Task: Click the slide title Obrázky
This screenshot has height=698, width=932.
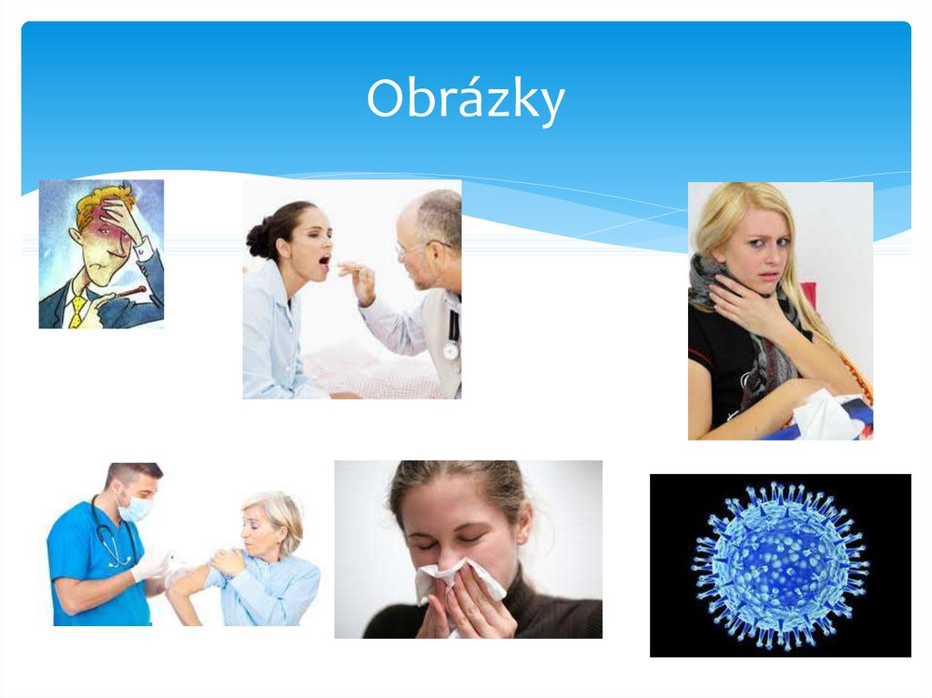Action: [x=465, y=100]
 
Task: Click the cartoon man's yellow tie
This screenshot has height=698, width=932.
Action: [x=79, y=309]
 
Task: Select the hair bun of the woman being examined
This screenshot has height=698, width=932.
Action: [x=258, y=238]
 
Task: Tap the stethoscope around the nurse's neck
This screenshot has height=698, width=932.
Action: [x=109, y=541]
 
